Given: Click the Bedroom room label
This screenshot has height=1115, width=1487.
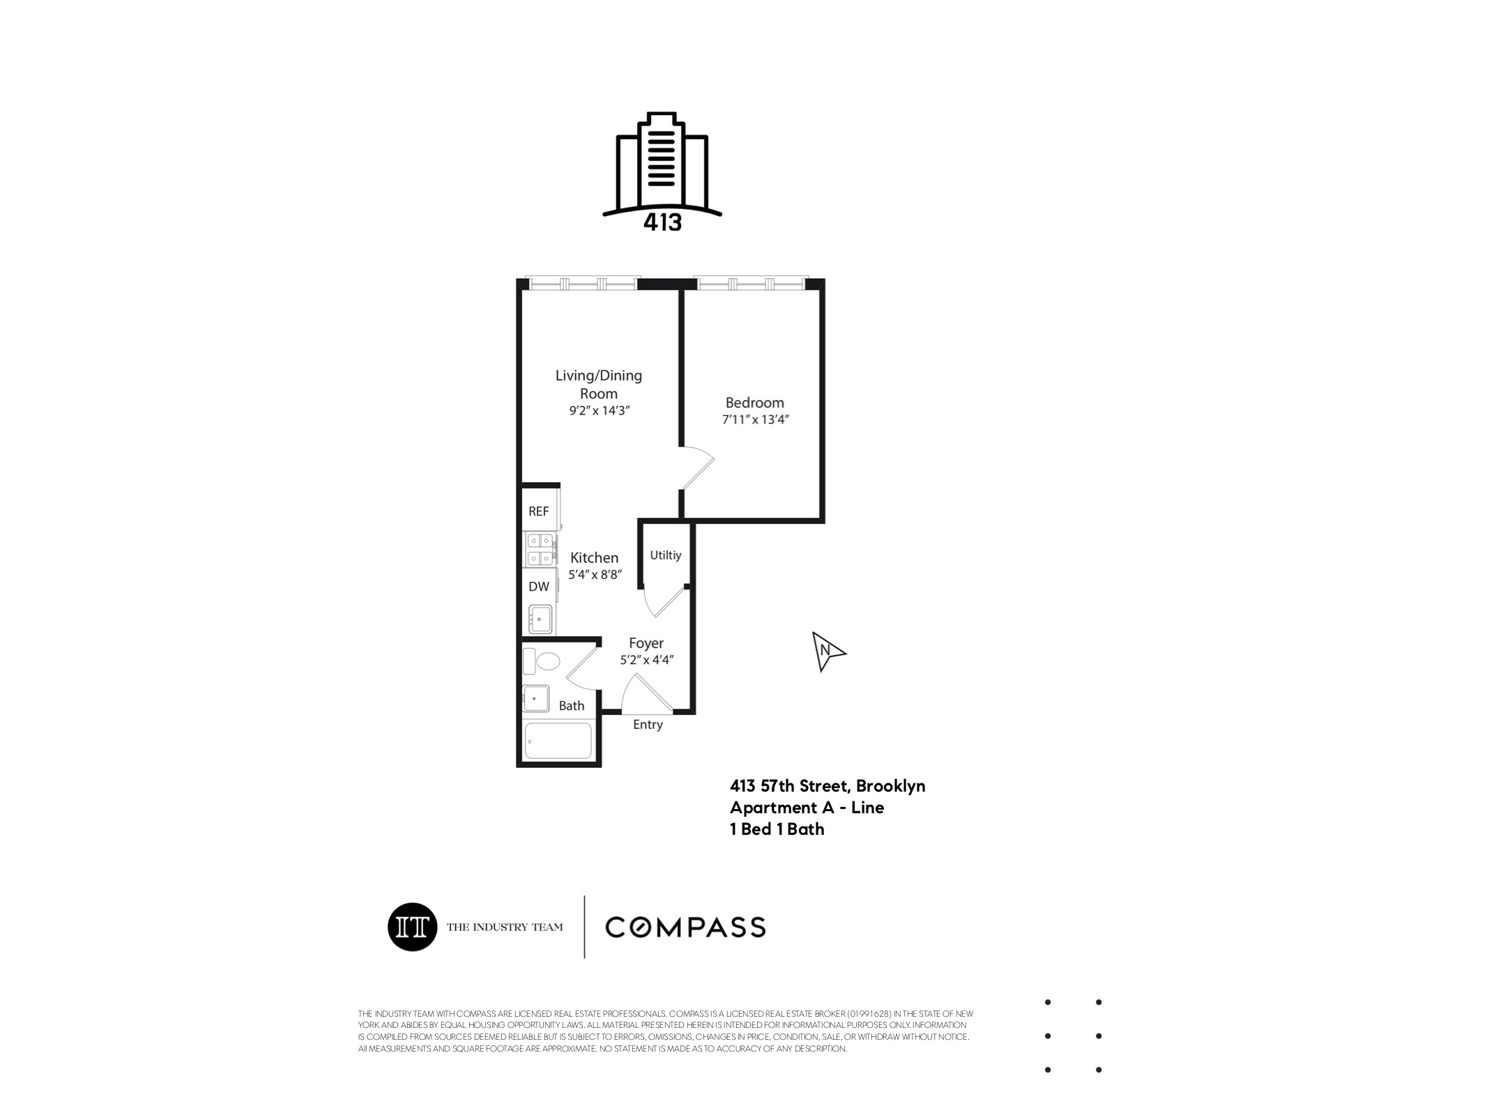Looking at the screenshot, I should click(x=754, y=402).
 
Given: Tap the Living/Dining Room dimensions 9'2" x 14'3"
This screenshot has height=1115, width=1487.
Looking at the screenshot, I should click(x=599, y=411).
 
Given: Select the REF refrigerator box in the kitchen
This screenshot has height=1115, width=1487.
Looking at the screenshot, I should click(x=539, y=511).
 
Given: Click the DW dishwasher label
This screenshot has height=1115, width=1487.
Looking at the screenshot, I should click(x=539, y=587).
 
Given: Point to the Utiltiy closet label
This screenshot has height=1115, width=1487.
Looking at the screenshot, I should click(x=665, y=555).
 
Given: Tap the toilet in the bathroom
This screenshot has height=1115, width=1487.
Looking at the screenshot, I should click(x=543, y=661).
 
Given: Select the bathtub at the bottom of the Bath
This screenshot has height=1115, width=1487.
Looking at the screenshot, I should click(x=558, y=740).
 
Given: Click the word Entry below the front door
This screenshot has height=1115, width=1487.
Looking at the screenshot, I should click(x=648, y=725).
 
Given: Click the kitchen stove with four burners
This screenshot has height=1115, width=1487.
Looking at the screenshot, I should click(x=540, y=548).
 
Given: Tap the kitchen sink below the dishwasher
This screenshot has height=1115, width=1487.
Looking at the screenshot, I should click(x=540, y=619).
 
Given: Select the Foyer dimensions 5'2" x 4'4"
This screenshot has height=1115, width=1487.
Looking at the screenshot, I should click(x=646, y=660).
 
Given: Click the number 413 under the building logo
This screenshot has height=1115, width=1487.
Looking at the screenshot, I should click(x=662, y=222).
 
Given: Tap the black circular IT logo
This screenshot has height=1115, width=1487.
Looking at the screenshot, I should click(x=412, y=927).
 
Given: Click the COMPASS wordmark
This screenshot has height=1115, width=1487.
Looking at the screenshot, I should click(x=685, y=928).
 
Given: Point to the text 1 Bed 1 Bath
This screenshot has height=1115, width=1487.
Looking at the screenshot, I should click(x=777, y=829).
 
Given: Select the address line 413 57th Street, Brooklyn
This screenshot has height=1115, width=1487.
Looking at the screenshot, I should click(x=827, y=786).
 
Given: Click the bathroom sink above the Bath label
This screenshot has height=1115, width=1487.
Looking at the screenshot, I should click(x=535, y=698).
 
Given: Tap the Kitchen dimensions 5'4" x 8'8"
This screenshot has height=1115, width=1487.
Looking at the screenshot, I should click(x=595, y=576).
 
